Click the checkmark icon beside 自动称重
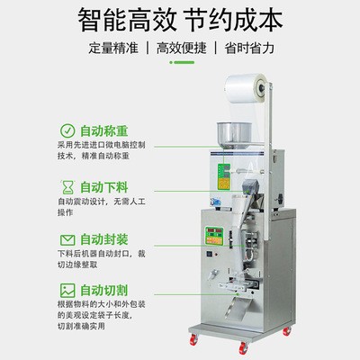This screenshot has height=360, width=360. pos(68,130)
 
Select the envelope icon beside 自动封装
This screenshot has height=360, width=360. pos(68,239)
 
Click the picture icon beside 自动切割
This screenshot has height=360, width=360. pos(68,291)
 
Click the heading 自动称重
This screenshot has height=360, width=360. pos(105,130)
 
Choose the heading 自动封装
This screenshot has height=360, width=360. pos(105,239)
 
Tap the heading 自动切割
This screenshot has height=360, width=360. pos(105,291)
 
